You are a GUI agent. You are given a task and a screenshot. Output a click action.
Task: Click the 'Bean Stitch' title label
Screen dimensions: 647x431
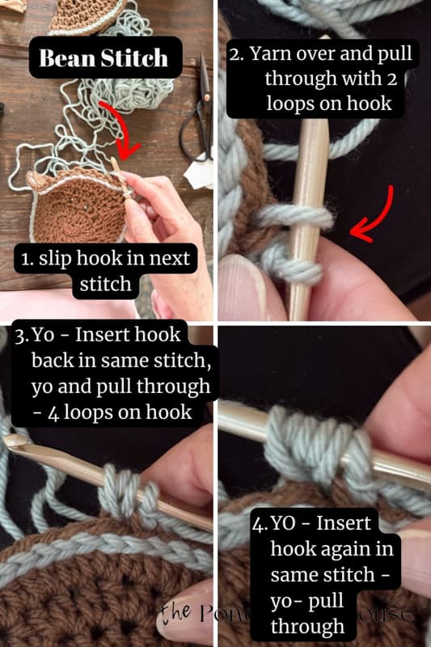pos(104,57)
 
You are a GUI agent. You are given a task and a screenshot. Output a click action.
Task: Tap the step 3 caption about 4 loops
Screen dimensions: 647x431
pos(109,373)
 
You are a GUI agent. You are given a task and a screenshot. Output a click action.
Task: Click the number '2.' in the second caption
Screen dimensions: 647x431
pos(238,54)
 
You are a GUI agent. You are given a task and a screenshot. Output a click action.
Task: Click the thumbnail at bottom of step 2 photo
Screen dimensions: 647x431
pos(243,291)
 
